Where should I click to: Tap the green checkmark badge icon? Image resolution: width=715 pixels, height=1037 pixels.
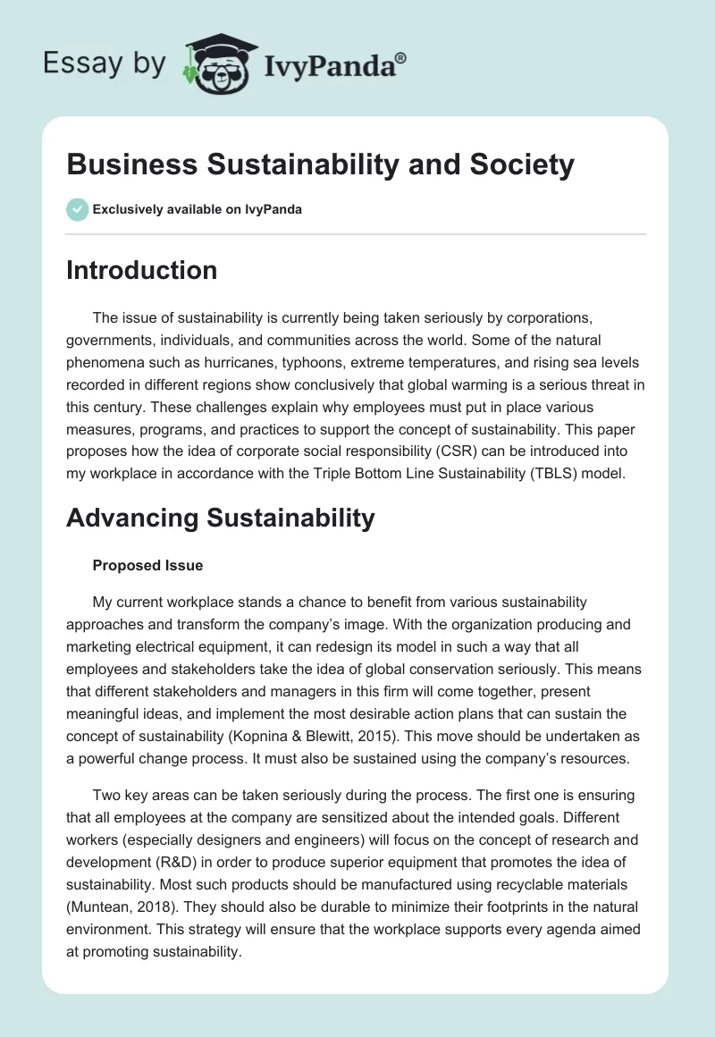point(77,209)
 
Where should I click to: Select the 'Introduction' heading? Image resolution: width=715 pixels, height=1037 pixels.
point(141,270)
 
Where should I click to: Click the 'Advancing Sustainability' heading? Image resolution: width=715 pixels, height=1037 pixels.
point(220,517)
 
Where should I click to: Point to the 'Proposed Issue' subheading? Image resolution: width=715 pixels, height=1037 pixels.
point(147,565)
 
